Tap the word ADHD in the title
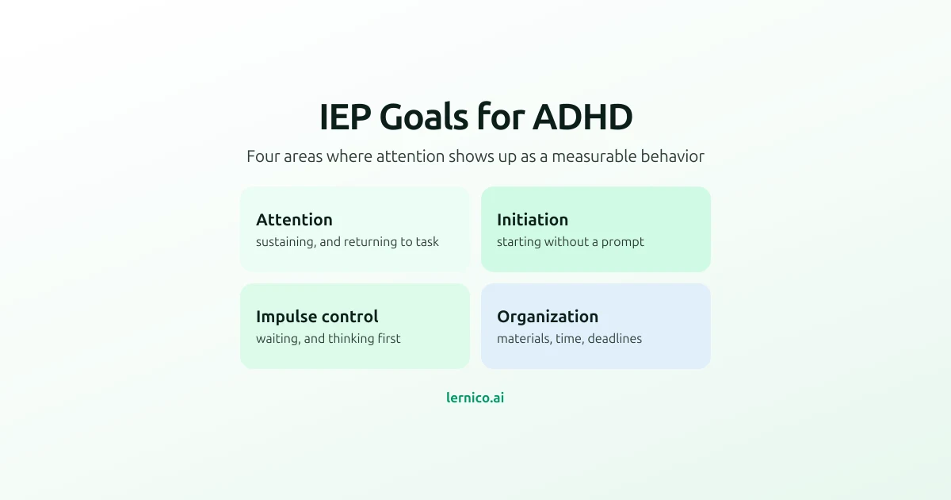tap(583, 117)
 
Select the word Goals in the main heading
tap(424, 117)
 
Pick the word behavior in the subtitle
tap(673, 156)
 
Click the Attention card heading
tap(294, 220)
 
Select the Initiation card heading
tap(533, 220)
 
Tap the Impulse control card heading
tap(317, 317)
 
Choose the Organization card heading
tap(548, 317)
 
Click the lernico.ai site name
tap(475, 398)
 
